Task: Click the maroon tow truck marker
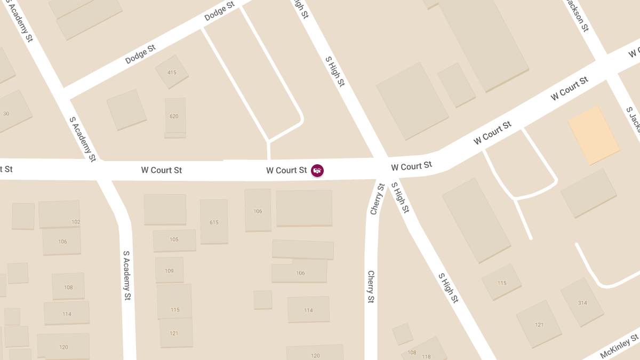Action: pyautogui.click(x=317, y=171)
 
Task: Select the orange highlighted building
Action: pyautogui.click(x=594, y=135)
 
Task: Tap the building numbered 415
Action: pyautogui.click(x=172, y=72)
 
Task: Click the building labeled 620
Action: pyautogui.click(x=174, y=116)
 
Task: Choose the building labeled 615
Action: pyautogui.click(x=214, y=222)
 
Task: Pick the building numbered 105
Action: pyautogui.click(x=174, y=240)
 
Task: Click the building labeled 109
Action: pyautogui.click(x=169, y=270)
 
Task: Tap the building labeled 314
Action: pyautogui.click(x=582, y=302)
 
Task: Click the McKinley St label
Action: pyautogui.click(x=619, y=347)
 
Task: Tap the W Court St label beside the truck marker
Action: pyautogui.click(x=286, y=171)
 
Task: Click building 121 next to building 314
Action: pyautogui.click(x=539, y=324)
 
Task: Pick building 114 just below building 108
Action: pyautogui.click(x=67, y=314)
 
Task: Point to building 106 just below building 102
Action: pyautogui.click(x=62, y=242)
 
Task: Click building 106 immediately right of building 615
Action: pyautogui.click(x=258, y=211)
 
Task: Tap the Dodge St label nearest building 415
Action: pyautogui.click(x=140, y=54)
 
